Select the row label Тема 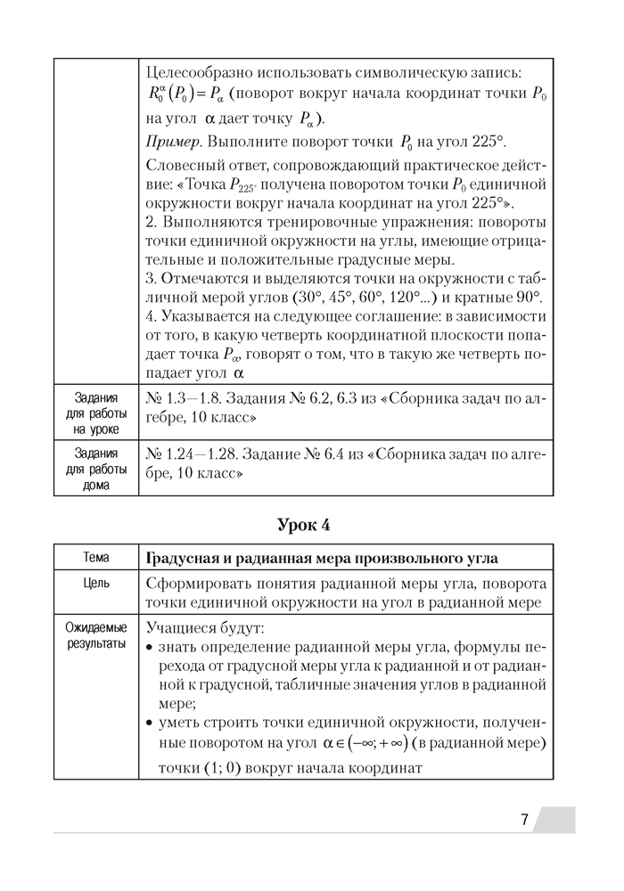click(96, 558)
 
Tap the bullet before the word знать click(150, 647)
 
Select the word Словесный click(185, 166)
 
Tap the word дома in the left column click(96, 486)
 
